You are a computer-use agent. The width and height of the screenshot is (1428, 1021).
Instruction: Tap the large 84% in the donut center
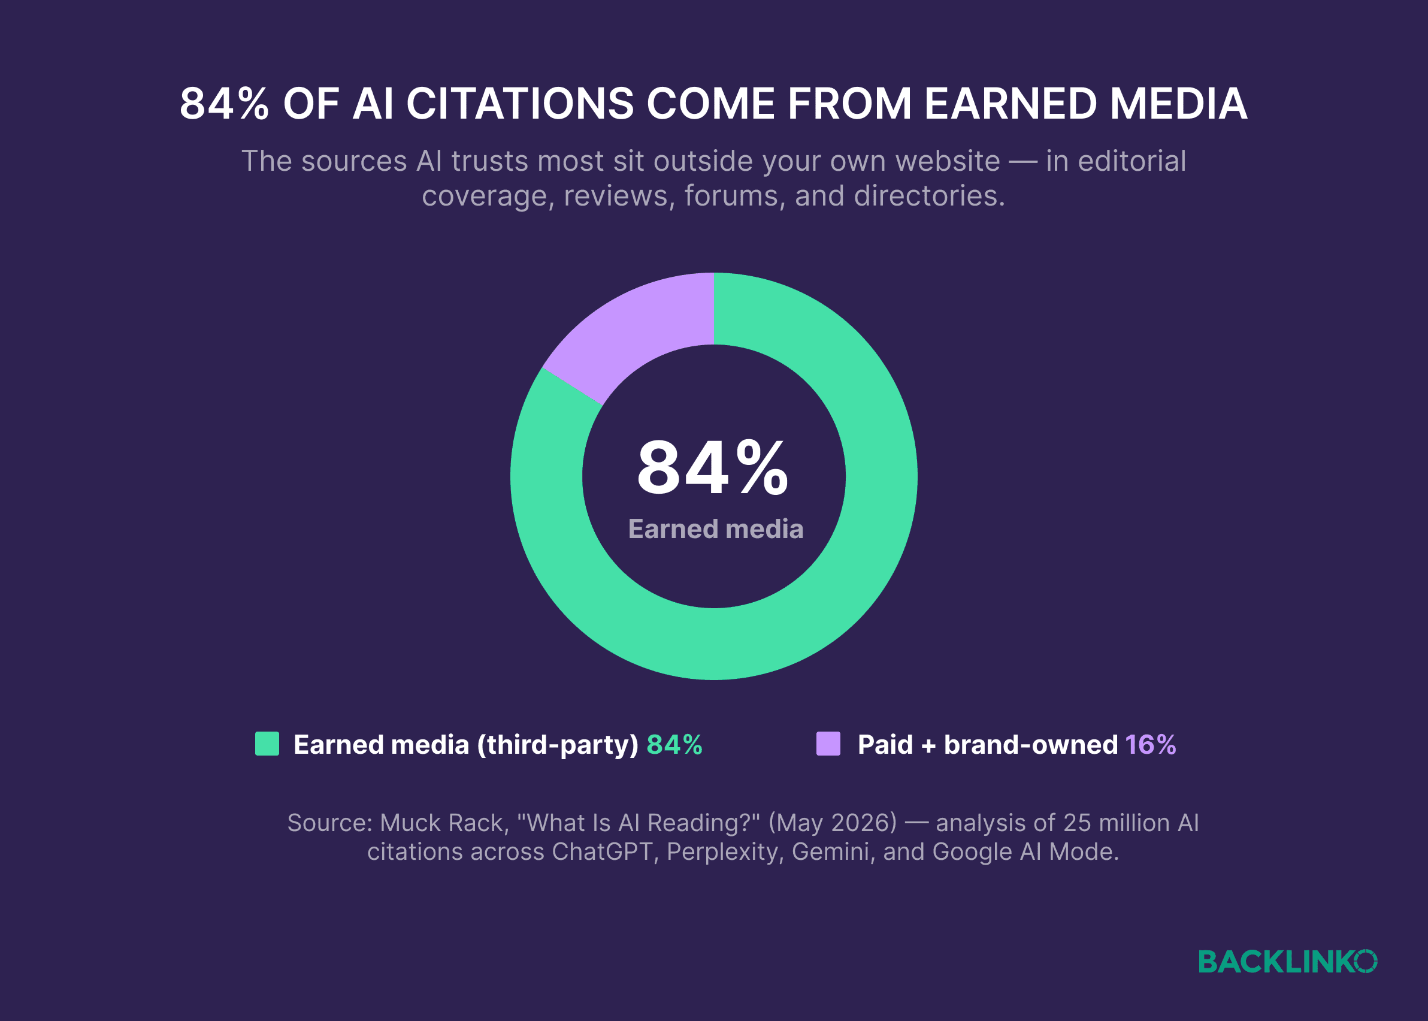tap(713, 469)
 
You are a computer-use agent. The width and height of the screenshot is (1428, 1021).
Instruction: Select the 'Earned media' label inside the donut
tap(716, 529)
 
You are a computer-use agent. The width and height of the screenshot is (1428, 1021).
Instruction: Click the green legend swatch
tap(267, 744)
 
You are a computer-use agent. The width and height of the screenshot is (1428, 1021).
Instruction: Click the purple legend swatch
tap(828, 744)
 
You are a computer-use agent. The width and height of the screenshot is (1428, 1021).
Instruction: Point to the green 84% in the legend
tap(674, 745)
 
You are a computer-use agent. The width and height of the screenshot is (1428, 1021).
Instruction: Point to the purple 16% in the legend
tap(1150, 745)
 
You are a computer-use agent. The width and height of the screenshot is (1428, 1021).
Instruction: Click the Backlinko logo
tap(1288, 962)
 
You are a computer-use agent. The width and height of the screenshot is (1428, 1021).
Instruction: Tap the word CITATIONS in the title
tap(520, 104)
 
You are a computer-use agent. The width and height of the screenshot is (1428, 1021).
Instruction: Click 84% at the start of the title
tap(225, 104)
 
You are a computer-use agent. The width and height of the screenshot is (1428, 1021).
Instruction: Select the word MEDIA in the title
tap(1178, 104)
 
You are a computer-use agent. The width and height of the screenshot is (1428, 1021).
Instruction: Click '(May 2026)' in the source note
tap(833, 823)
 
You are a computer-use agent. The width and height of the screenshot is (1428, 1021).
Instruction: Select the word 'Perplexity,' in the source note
tap(725, 853)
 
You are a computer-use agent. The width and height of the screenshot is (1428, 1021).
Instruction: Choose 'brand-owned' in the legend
tap(1031, 745)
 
